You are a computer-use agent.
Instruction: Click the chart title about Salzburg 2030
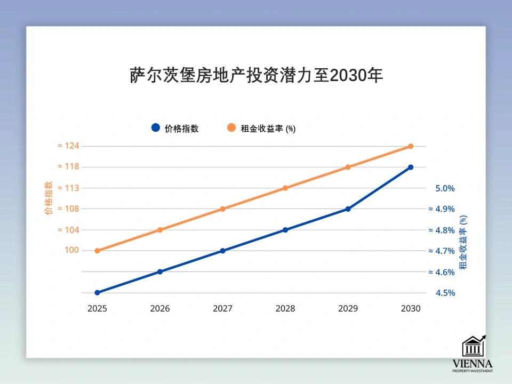[x=256, y=75]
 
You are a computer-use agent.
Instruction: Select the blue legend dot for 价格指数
[x=156, y=128]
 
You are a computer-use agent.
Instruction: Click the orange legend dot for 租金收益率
[x=231, y=128]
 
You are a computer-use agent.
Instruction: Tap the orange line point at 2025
[x=97, y=251]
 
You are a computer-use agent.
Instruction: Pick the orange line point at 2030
[x=411, y=146]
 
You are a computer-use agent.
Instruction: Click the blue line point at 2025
[x=97, y=293]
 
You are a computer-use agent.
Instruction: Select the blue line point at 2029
[x=348, y=209]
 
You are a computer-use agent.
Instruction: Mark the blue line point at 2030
[x=411, y=167]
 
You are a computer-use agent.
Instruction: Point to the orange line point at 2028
[x=285, y=188]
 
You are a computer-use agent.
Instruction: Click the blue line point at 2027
[x=222, y=251]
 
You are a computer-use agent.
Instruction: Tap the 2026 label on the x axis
[x=160, y=309]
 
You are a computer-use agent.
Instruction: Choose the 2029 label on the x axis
[x=348, y=309]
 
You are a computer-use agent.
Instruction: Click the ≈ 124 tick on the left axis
[x=68, y=146]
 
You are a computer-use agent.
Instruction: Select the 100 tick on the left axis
[x=71, y=251]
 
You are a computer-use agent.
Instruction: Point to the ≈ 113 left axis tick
[x=68, y=188]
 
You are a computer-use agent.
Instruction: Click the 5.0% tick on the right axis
[x=445, y=188]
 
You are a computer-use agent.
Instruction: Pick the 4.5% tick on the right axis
[x=445, y=293]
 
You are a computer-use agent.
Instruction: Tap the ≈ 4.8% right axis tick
[x=442, y=230]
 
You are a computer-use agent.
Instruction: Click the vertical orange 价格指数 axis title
[x=49, y=198]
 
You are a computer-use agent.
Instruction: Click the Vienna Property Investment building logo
[x=473, y=347]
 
